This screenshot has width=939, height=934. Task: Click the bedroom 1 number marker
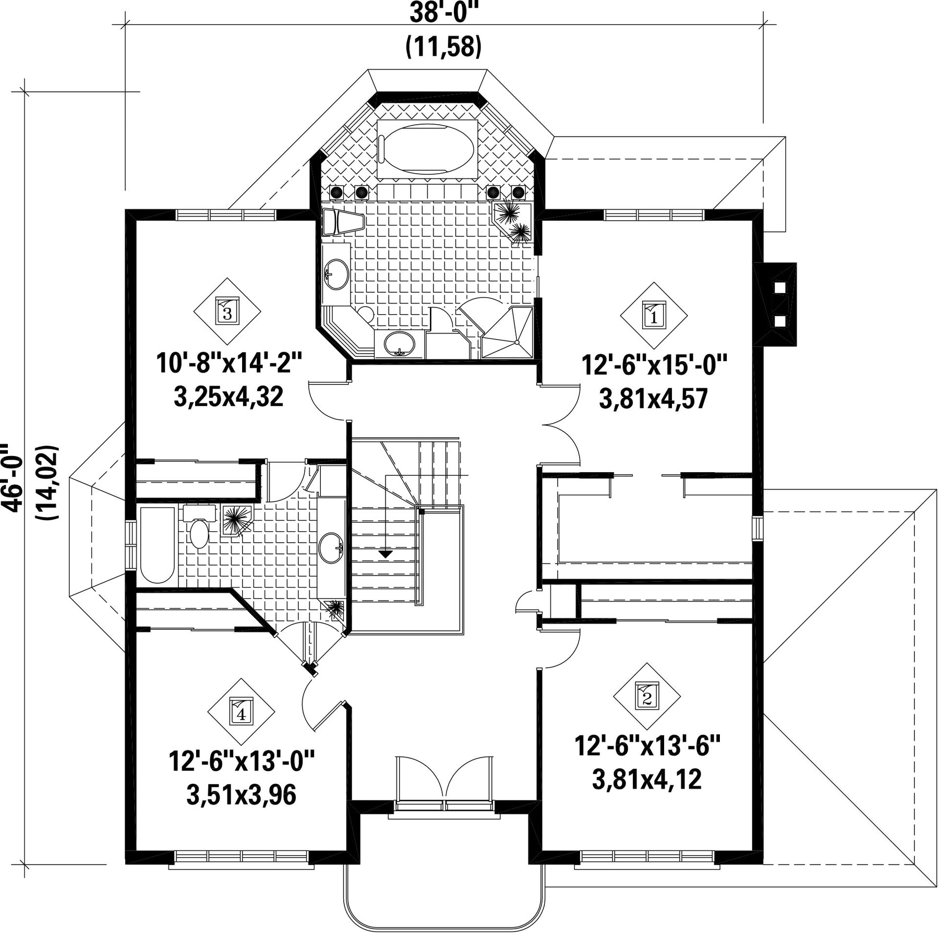[x=654, y=315]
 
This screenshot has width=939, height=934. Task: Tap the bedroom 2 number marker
[x=647, y=696]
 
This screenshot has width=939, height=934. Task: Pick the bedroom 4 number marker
[x=241, y=712]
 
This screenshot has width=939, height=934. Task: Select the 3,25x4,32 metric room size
[x=228, y=397]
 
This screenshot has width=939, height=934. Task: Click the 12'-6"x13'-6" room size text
[x=647, y=746]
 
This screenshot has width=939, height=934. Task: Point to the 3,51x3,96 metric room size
[x=241, y=795]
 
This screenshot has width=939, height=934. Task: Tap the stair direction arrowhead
[x=385, y=554]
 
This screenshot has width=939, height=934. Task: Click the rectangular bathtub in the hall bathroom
[x=157, y=545]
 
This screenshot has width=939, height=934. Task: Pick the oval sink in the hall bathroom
[x=331, y=547]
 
